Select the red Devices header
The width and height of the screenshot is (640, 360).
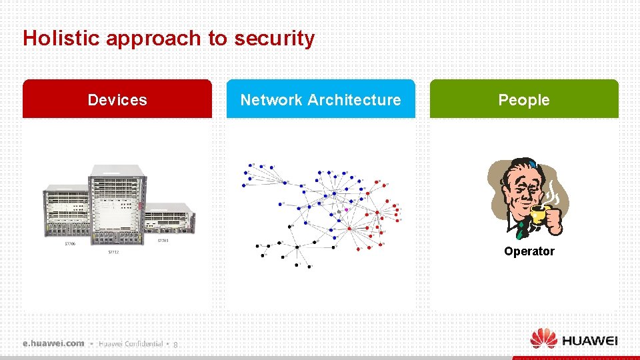tap(117, 99)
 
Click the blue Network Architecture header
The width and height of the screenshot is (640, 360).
tap(321, 99)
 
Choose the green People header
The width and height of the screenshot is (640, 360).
tap(524, 99)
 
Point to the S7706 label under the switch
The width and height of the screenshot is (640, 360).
tap(70, 244)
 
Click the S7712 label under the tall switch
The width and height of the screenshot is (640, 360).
tap(114, 253)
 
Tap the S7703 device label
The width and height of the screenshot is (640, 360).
tap(163, 240)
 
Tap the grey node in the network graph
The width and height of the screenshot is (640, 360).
tap(339, 211)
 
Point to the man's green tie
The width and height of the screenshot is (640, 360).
tap(520, 229)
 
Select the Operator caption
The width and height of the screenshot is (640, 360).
tap(529, 251)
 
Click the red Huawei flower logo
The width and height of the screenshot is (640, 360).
tap(543, 338)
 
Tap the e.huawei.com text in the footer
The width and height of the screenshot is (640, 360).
tap(53, 343)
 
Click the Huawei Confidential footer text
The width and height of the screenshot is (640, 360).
tap(131, 344)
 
